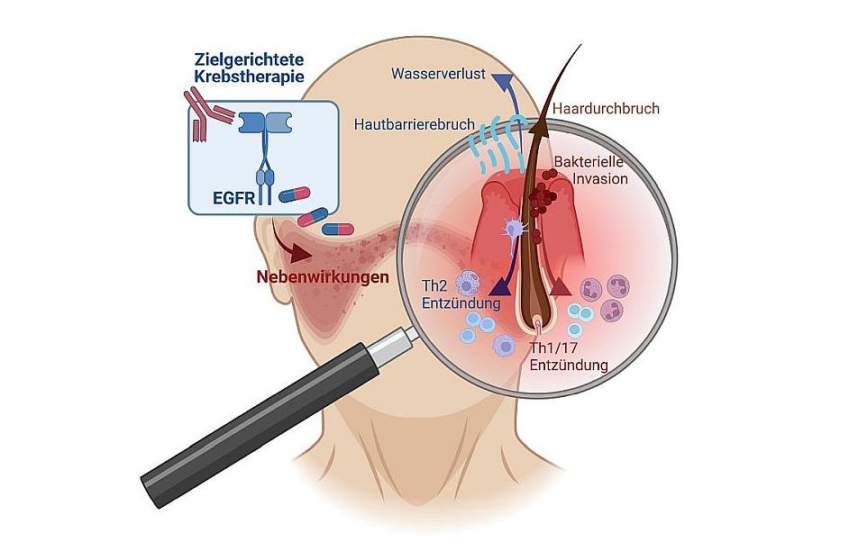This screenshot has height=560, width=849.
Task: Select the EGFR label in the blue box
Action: (x=222, y=195)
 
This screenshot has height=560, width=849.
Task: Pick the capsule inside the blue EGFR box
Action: (x=294, y=194)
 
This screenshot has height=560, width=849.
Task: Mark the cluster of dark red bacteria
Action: (x=542, y=197)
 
